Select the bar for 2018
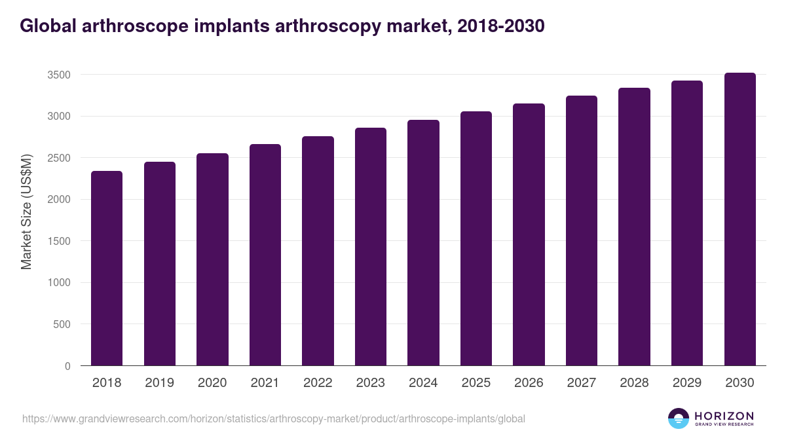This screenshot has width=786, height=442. click(107, 268)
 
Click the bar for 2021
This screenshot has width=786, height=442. click(265, 255)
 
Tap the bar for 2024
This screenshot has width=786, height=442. click(423, 242)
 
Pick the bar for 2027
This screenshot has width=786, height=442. click(582, 230)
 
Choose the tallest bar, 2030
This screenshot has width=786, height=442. click(739, 219)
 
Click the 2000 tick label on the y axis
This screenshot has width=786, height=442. click(59, 200)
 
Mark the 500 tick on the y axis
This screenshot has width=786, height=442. click(62, 324)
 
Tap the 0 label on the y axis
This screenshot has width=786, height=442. click(67, 366)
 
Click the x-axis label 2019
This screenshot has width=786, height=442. click(160, 383)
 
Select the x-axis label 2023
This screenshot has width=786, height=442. click(371, 383)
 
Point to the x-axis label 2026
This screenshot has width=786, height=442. click(529, 383)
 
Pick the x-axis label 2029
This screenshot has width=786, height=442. click(687, 383)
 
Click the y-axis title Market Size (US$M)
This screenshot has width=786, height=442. click(26, 211)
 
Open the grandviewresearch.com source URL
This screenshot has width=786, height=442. click(274, 418)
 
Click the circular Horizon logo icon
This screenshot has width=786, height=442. click(679, 418)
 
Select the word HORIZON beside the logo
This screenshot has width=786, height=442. click(724, 415)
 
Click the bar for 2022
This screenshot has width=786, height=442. click(318, 251)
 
